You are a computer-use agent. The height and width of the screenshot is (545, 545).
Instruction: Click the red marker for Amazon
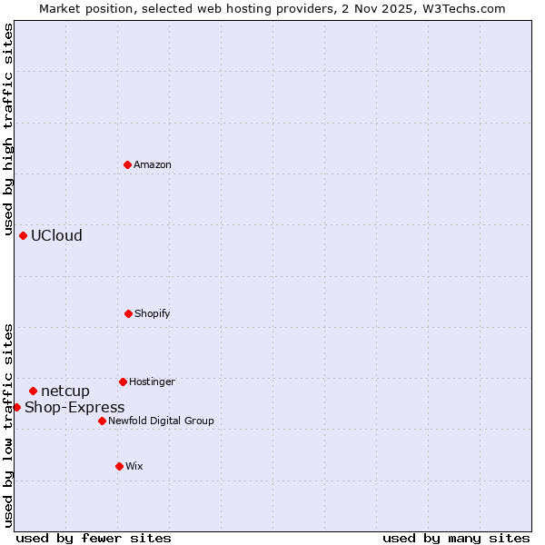pyautogui.click(x=127, y=164)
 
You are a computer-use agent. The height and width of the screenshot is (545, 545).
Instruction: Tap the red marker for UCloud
pyautogui.click(x=23, y=235)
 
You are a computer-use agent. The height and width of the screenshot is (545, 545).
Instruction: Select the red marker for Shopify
pyautogui.click(x=128, y=313)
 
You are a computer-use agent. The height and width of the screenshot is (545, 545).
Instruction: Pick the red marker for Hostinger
pyautogui.click(x=123, y=381)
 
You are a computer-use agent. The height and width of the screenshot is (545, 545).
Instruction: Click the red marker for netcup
pyautogui.click(x=33, y=391)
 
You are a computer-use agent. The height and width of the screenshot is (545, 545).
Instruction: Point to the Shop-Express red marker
pyautogui.click(x=16, y=407)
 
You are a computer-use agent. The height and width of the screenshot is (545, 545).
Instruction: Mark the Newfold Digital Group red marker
pyautogui.click(x=102, y=421)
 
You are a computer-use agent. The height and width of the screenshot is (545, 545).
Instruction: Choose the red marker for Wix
pyautogui.click(x=119, y=466)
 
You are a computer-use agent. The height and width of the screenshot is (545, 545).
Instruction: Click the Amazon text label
pyautogui.click(x=153, y=164)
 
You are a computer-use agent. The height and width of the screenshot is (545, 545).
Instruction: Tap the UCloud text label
pyautogui.click(x=56, y=235)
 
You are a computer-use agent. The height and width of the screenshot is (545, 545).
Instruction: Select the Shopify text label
pyautogui.click(x=153, y=313)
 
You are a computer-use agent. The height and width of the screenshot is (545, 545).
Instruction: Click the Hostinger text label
pyautogui.click(x=152, y=381)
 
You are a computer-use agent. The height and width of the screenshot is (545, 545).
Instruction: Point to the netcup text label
pyautogui.click(x=65, y=391)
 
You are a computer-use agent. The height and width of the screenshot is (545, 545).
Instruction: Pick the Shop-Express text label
pyautogui.click(x=74, y=407)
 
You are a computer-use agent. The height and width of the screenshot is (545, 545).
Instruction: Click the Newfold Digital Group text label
pyautogui.click(x=161, y=421)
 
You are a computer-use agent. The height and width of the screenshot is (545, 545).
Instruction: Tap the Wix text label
pyautogui.click(x=134, y=466)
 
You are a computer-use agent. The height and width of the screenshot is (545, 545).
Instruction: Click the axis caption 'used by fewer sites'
pyautogui.click(x=94, y=538)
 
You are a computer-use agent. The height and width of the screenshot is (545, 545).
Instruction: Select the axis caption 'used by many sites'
pyautogui.click(x=456, y=538)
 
